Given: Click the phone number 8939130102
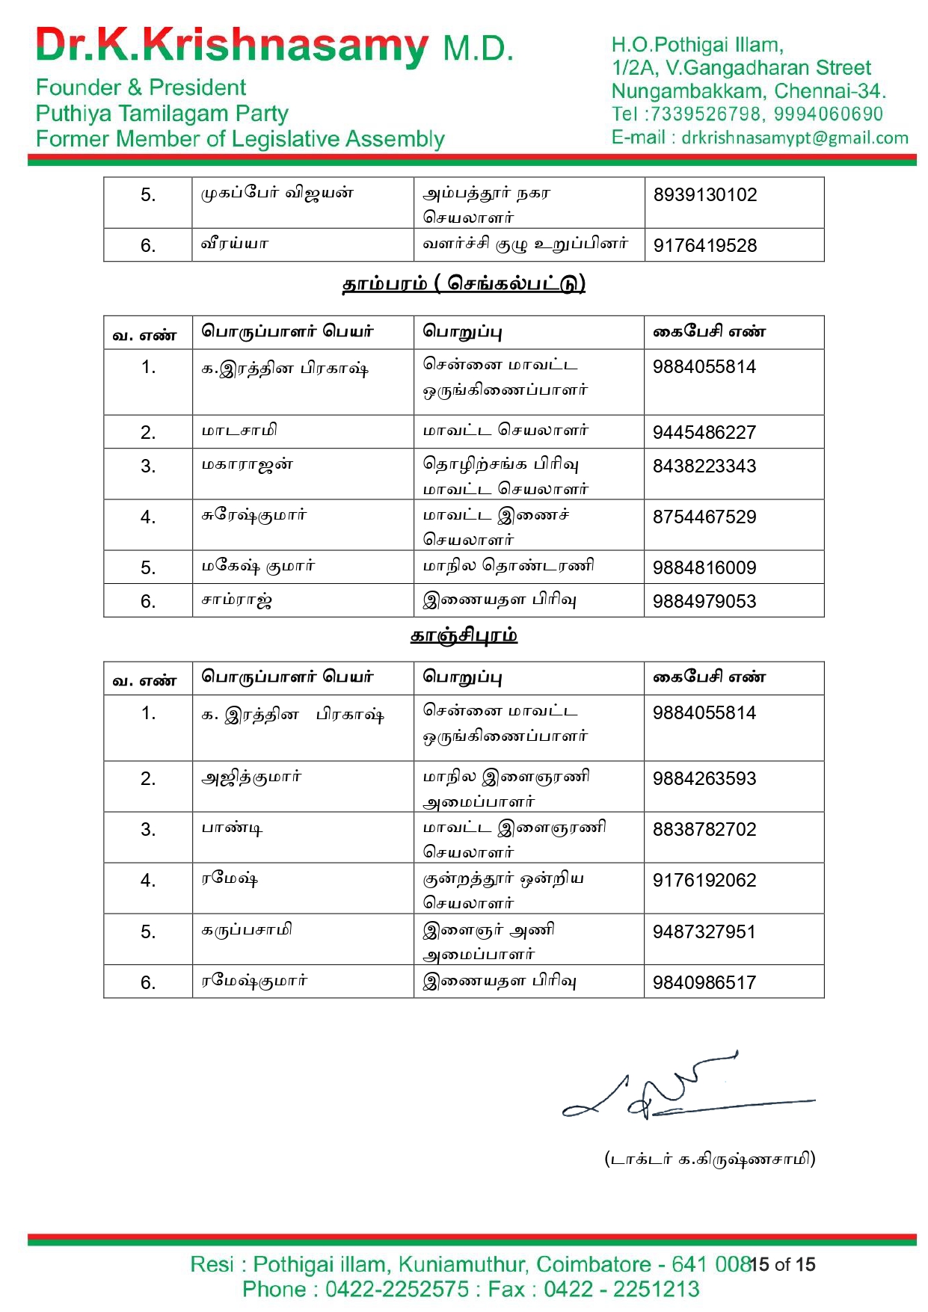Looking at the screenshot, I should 704,195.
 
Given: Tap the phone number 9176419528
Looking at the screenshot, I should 704,246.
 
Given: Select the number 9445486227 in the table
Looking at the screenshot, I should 704,433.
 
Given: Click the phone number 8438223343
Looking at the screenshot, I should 704,466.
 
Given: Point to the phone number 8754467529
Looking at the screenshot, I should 704,517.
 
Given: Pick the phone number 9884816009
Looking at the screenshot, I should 704,568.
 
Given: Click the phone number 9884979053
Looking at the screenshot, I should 704,602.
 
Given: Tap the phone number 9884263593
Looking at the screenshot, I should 704,779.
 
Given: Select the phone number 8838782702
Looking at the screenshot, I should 704,830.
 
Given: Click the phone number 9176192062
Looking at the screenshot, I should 704,881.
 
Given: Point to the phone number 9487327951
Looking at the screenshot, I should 704,932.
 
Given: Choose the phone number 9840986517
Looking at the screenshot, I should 704,983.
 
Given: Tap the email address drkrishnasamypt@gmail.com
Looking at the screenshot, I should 794,138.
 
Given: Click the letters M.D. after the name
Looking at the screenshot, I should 478,49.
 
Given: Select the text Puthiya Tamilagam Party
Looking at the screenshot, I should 162,114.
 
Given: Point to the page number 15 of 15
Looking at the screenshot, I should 783,1264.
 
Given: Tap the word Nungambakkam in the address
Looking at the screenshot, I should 686,91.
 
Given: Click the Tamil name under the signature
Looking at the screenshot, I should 710,1159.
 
